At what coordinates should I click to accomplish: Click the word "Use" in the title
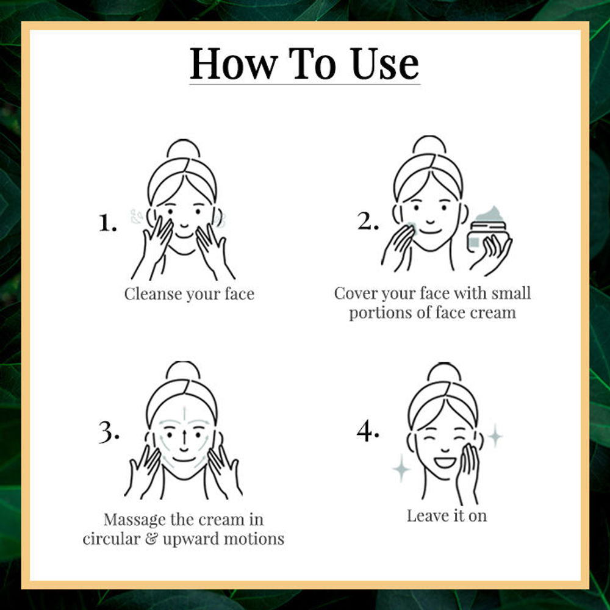[385, 64]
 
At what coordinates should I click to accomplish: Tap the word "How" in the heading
[234, 64]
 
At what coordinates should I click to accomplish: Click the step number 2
[368, 221]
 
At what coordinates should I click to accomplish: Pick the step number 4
[368, 431]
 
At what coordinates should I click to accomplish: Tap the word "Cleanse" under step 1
[153, 294]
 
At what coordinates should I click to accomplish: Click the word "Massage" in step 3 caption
[135, 520]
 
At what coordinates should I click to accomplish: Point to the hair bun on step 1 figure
[183, 148]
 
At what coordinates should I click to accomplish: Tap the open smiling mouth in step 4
[445, 462]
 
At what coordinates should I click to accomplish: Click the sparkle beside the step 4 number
[401, 468]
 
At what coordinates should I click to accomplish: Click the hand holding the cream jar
[491, 255]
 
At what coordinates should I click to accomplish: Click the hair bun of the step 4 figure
[444, 372]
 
